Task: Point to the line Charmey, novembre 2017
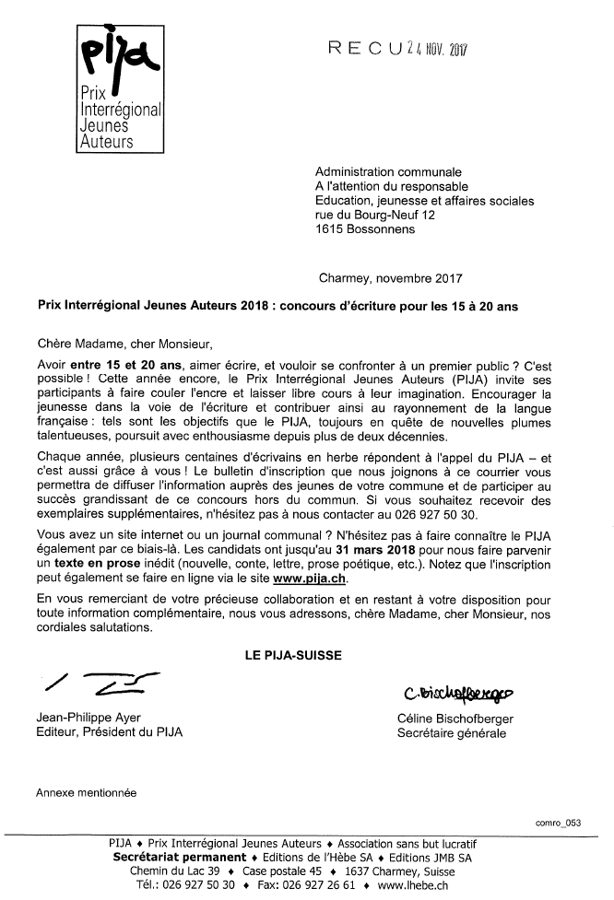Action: pyautogui.click(x=390, y=276)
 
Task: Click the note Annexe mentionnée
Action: pyautogui.click(x=86, y=791)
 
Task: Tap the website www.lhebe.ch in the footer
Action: pyautogui.click(x=413, y=885)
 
